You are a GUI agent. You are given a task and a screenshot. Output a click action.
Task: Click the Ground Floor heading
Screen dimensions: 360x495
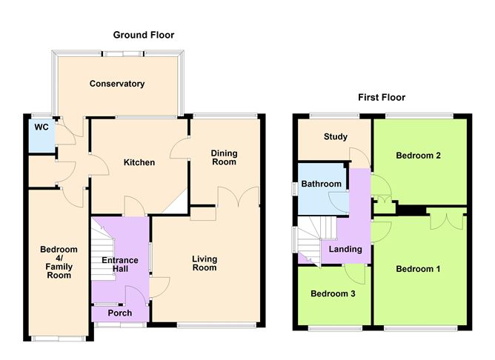click(x=144, y=35)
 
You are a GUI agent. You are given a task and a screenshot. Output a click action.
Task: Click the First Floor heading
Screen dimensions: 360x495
click(x=382, y=97)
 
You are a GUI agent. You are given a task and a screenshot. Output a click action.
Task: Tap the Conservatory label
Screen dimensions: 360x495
click(x=117, y=84)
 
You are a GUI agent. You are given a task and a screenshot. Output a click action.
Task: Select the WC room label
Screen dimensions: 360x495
click(x=41, y=127)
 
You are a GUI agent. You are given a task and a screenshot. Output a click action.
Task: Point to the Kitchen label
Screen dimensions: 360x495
click(x=139, y=162)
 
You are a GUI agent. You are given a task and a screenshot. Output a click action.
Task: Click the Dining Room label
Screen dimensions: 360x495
click(x=225, y=158)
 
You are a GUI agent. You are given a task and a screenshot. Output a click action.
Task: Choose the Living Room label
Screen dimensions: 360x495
click(x=205, y=263)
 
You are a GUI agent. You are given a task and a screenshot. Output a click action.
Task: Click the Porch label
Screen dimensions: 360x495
click(x=120, y=313)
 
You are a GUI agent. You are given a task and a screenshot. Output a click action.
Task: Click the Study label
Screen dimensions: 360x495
click(x=336, y=137)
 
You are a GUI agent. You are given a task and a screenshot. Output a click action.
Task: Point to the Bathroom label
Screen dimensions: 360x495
click(x=321, y=184)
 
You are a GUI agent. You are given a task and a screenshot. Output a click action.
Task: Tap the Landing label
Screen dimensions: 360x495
click(x=345, y=249)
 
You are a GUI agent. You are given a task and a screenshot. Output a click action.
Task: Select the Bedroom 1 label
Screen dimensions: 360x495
click(x=417, y=268)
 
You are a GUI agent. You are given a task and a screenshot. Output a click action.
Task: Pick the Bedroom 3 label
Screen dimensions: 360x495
click(x=333, y=294)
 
